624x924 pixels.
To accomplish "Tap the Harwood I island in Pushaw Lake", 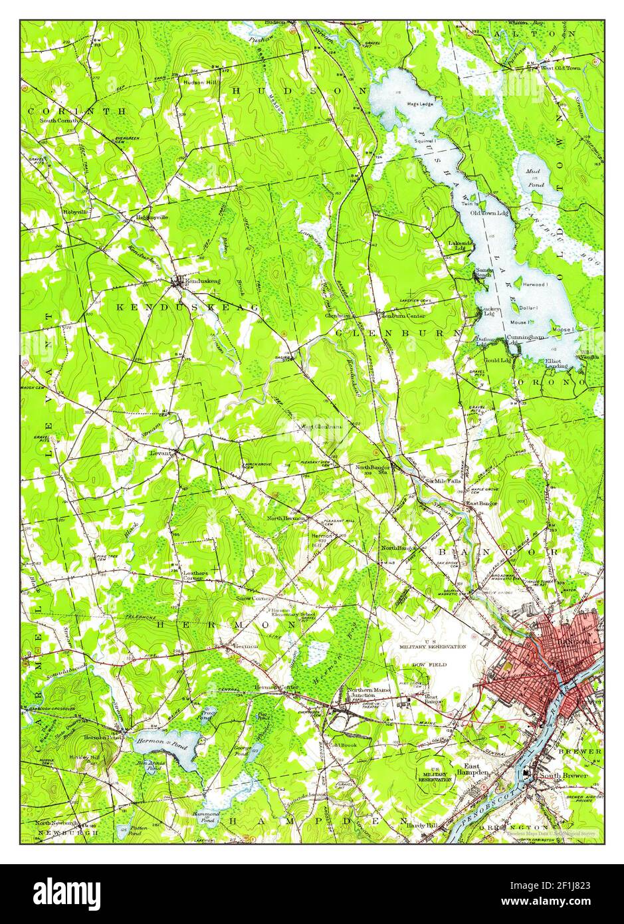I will click(536, 285).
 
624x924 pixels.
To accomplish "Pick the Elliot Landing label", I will click(556, 363).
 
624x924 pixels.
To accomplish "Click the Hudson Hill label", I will click(198, 82).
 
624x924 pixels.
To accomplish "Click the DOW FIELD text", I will click(429, 664).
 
